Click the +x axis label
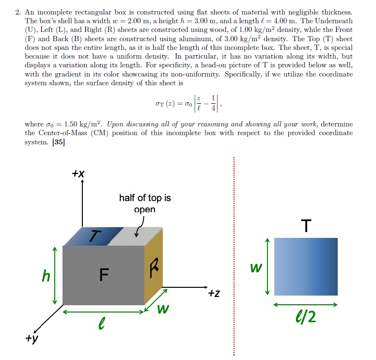click(79, 173)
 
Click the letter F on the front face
click(103, 275)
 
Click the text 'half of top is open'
click(144, 203)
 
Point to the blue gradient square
click(306, 266)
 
